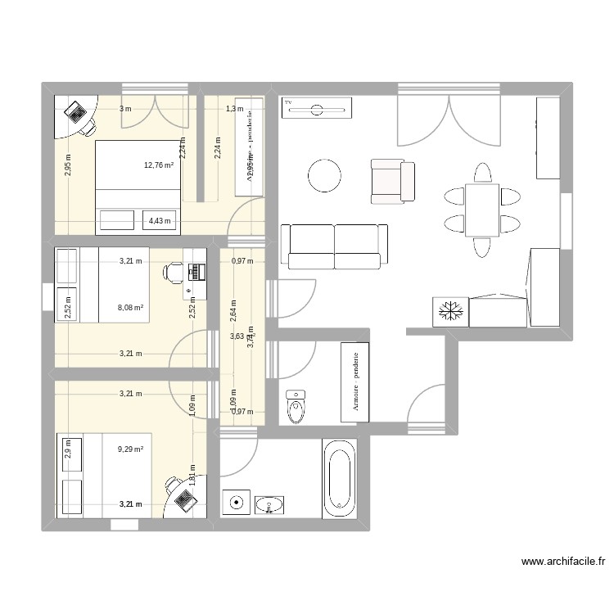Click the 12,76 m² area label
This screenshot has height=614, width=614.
159,165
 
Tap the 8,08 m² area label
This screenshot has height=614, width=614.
131,308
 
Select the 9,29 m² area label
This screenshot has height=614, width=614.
131,449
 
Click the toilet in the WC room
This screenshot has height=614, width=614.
296,404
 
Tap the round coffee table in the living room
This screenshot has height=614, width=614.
324,174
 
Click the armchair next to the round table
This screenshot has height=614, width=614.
391,181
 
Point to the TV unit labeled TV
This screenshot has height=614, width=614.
316,107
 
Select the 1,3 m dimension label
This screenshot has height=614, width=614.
234,109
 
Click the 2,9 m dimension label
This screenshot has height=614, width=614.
67,449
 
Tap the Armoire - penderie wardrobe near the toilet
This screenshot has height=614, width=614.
355,382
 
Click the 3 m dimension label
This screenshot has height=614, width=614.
124,109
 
